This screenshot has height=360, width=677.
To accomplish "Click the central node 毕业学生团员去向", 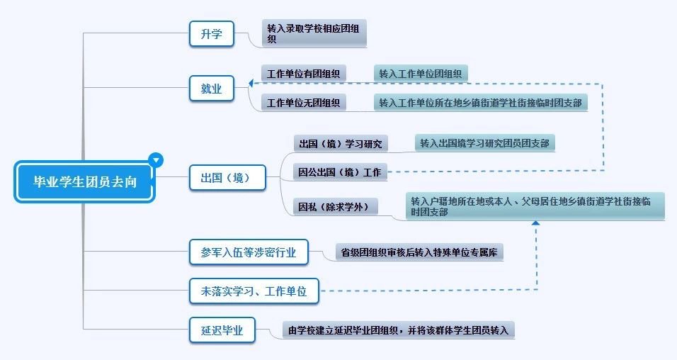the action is pos(84,181).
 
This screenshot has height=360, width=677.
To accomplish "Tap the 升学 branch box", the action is pos(212,34).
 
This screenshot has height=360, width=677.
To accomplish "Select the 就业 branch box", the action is pos(212,89).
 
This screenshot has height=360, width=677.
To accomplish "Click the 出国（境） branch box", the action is pos(227,177).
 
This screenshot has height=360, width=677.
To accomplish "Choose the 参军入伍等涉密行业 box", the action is pos(249,252).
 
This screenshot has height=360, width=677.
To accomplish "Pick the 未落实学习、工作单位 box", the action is pos(254,291).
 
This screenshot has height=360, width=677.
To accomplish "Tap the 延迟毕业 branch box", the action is pos(222,330).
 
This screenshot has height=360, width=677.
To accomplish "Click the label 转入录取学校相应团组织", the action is pos(314,33).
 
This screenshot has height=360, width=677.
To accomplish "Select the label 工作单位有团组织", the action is pos(304,74).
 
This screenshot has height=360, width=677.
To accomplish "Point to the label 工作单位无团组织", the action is pos(304,103).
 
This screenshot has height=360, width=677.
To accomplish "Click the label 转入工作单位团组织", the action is pos(421,74).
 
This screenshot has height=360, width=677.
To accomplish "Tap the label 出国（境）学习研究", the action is pos(341,143).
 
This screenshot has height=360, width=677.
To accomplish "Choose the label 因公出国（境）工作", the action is pos(340,172).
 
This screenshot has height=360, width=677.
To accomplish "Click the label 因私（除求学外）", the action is pos(335,207).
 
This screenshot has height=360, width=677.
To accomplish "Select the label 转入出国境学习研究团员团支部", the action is pos(485,143).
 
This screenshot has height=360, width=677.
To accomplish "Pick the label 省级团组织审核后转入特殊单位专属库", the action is pos(419,252).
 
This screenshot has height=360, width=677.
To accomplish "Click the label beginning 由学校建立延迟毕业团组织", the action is pos(399,330).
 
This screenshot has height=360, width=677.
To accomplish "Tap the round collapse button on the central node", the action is pos(156,160).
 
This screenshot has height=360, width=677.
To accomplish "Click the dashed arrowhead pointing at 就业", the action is pos(250,83).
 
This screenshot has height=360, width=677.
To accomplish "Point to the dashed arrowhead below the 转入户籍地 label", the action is pos(536,223).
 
